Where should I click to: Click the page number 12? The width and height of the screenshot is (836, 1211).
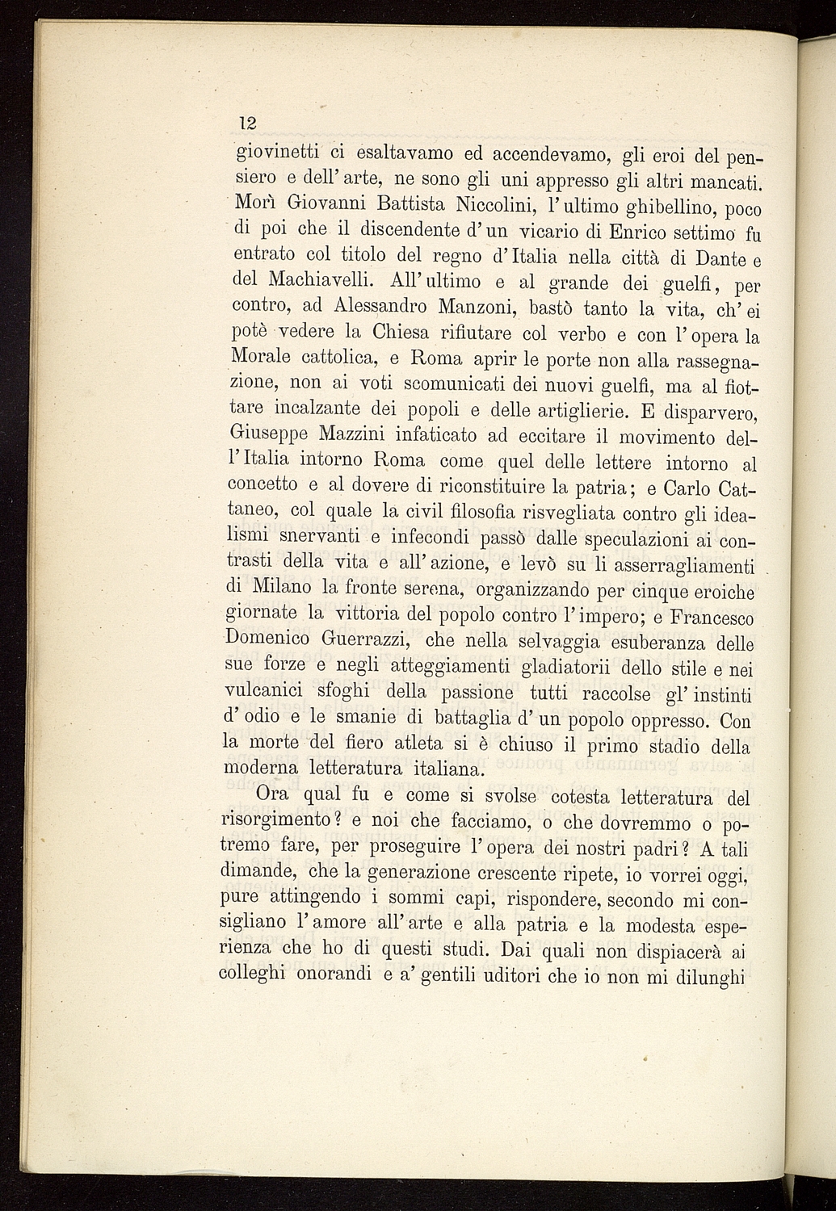(247, 124)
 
